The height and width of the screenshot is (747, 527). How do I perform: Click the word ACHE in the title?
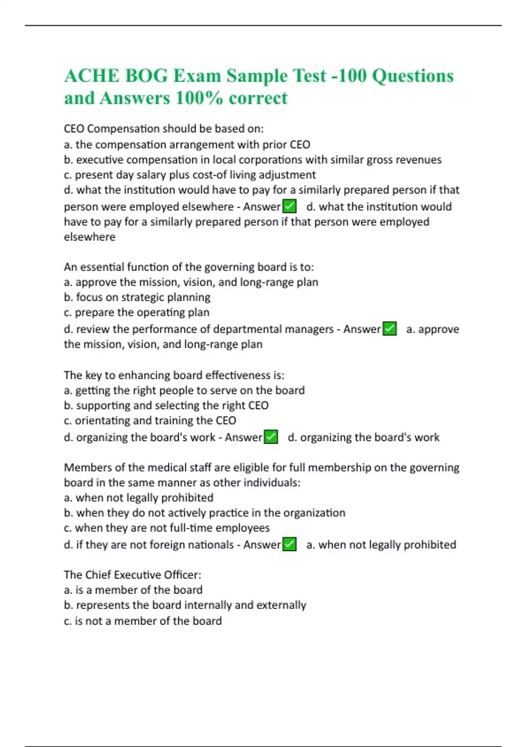pos(92,76)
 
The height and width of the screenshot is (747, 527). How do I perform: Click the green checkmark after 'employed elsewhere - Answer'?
pos(289,206)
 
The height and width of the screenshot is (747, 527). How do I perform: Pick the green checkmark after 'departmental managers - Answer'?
pos(390,329)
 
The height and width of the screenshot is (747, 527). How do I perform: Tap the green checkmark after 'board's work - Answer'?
pos(271,437)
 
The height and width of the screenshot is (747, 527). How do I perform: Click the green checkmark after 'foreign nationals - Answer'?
pos(289,544)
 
